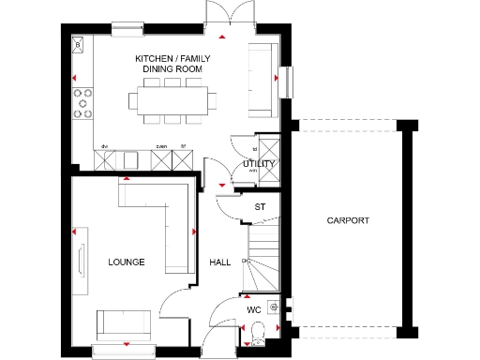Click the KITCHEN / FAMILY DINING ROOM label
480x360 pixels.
point(175,64)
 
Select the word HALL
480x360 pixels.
point(219,262)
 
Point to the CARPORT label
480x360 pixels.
point(348,221)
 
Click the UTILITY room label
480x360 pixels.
point(259,164)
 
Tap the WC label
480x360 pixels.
point(253,308)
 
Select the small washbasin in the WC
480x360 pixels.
point(273,306)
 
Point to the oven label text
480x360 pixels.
point(161,146)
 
